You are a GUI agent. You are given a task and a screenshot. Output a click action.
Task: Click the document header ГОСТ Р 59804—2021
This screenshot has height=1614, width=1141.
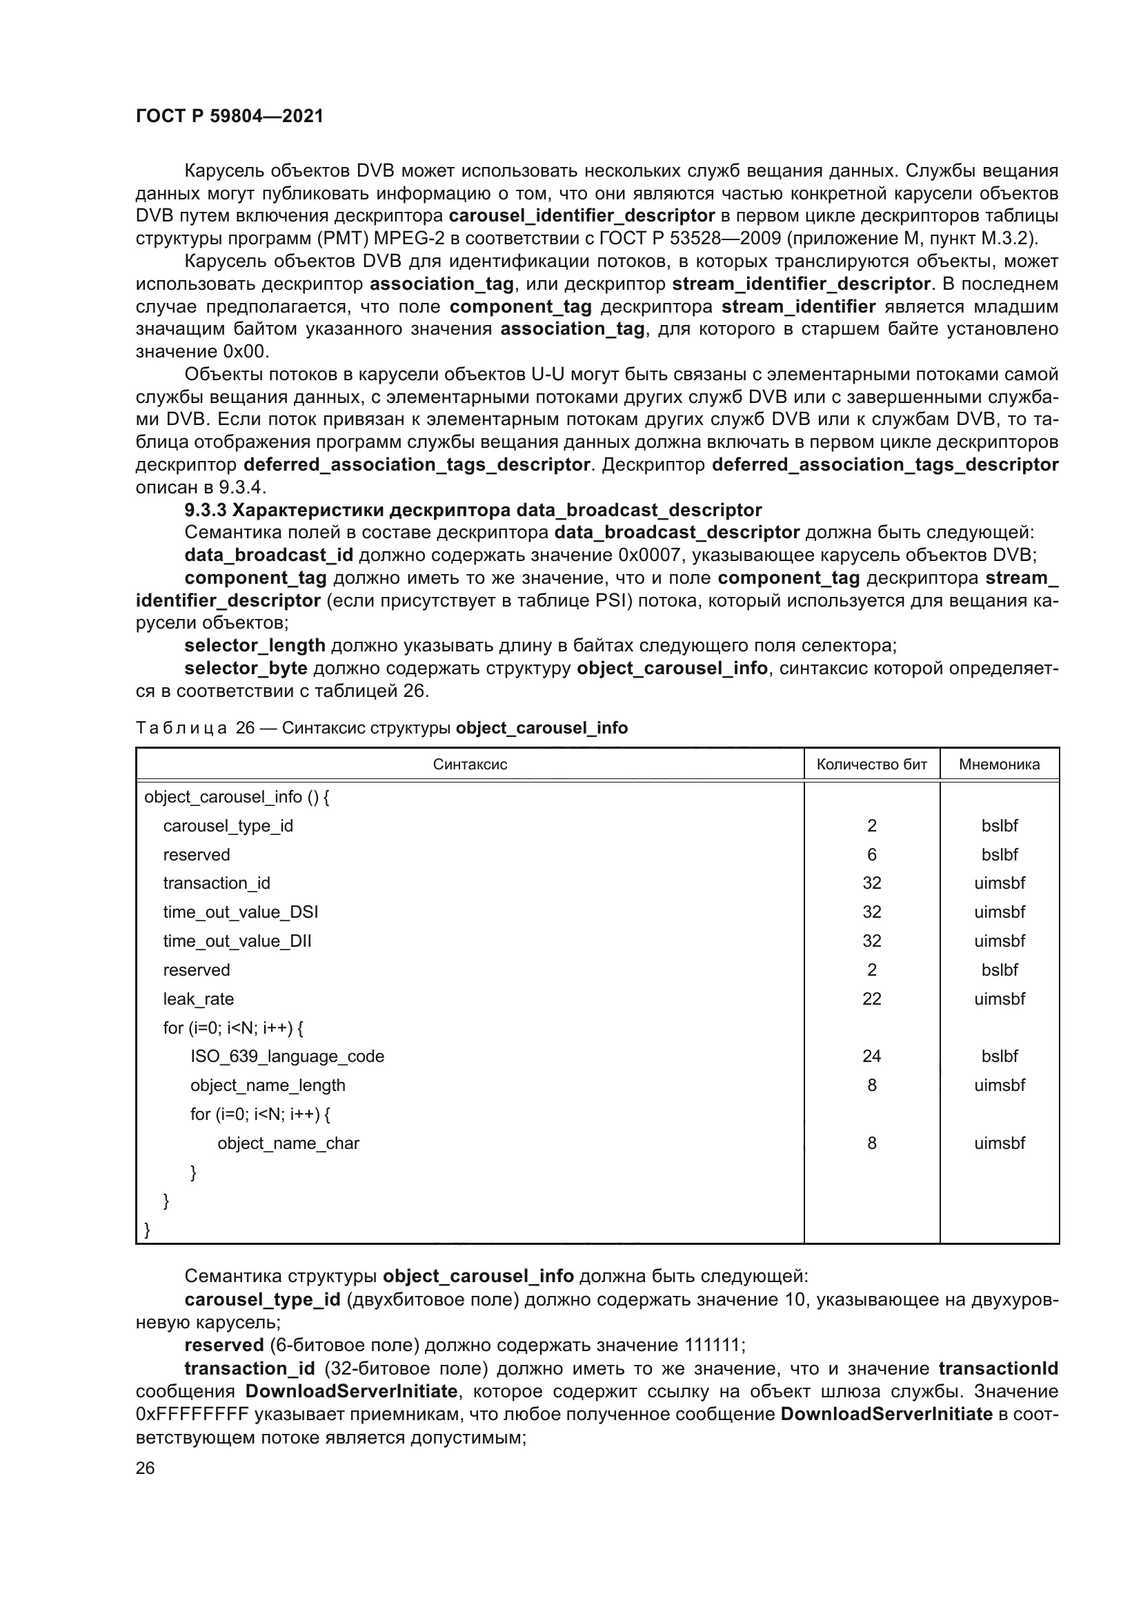point(229,116)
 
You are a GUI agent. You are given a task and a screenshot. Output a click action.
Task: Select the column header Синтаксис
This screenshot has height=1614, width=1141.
point(469,764)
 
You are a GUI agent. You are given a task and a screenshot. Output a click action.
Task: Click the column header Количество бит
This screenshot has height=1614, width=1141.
point(871,764)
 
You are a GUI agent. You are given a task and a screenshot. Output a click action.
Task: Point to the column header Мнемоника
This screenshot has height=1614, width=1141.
point(998,764)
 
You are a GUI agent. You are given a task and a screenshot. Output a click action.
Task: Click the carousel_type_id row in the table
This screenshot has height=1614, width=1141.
point(228,826)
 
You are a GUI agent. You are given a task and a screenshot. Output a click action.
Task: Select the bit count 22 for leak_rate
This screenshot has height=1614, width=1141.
point(871,999)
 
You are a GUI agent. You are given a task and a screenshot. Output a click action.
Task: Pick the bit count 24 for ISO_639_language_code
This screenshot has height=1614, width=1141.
point(871,1056)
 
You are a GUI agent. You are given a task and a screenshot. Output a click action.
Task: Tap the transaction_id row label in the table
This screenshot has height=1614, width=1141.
point(217,884)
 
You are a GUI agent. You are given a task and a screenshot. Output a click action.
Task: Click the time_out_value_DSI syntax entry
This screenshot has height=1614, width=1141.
point(240,912)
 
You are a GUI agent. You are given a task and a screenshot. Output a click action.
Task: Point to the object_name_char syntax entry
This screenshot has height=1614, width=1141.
point(288,1143)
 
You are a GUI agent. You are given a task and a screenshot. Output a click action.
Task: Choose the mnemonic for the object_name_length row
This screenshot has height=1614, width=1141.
point(998,1085)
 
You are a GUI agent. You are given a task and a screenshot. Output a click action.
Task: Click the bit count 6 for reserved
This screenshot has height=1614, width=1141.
point(871,855)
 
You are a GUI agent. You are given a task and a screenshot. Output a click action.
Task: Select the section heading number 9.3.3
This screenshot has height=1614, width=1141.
point(205,510)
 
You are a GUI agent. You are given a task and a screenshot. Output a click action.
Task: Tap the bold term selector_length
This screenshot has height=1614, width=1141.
point(255,645)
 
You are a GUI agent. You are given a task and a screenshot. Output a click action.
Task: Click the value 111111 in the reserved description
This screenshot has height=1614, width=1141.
point(712,1346)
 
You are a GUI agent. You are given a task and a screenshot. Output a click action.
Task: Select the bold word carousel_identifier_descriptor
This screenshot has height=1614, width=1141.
point(582,216)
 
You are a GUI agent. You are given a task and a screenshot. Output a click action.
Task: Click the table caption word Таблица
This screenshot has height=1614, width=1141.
point(181,728)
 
